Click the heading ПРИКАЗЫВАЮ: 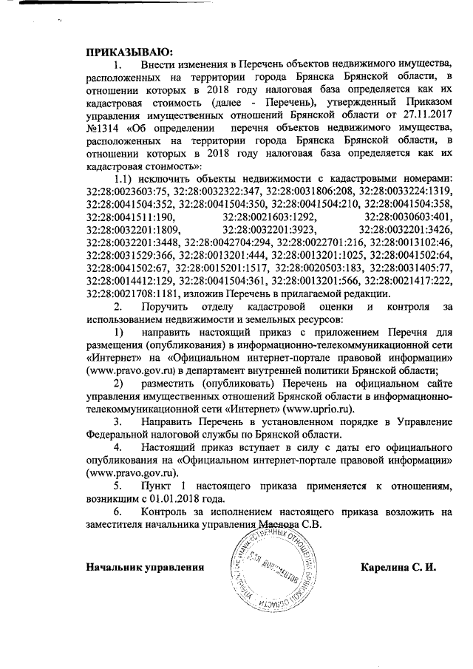coord(129,52)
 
